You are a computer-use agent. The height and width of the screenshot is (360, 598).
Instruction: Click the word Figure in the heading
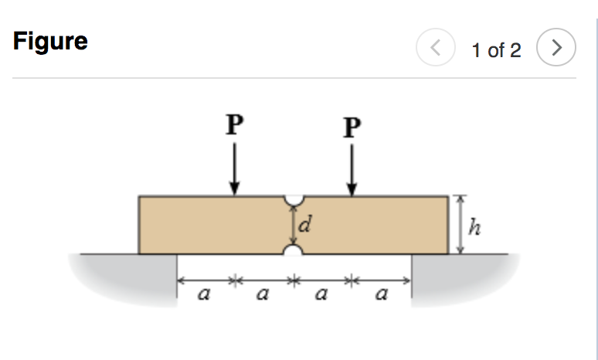click(x=50, y=41)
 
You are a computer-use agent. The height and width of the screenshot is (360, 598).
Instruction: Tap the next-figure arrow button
click(x=556, y=49)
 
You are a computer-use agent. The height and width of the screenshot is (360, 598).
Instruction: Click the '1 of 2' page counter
click(x=497, y=51)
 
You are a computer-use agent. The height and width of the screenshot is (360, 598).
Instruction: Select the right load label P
click(x=352, y=125)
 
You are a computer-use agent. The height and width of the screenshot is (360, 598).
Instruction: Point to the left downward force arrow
click(x=235, y=171)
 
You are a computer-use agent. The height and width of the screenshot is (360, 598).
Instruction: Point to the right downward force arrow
click(x=352, y=171)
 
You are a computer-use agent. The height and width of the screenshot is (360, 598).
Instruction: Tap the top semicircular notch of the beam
click(x=294, y=201)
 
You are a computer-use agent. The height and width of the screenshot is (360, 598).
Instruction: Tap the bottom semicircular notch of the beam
click(x=294, y=250)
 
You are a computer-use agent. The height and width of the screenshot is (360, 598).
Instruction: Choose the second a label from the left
click(x=263, y=294)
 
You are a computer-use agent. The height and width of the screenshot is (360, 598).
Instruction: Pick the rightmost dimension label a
click(x=380, y=294)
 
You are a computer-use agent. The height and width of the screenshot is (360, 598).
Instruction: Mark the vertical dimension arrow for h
click(x=460, y=225)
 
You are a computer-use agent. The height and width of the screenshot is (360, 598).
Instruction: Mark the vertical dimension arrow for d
click(x=294, y=226)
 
